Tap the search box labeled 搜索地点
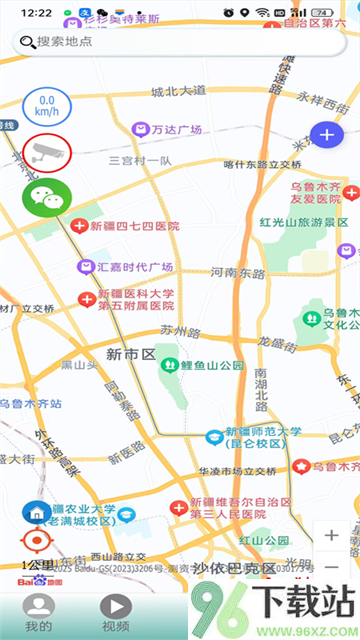tap(180, 42)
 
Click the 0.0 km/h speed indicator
tap(45, 106)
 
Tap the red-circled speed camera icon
tap(45, 152)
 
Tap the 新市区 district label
tap(129, 354)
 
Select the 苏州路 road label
tap(181, 329)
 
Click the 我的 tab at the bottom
tap(39, 612)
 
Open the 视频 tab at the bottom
tap(116, 612)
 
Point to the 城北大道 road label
tap(177, 93)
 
